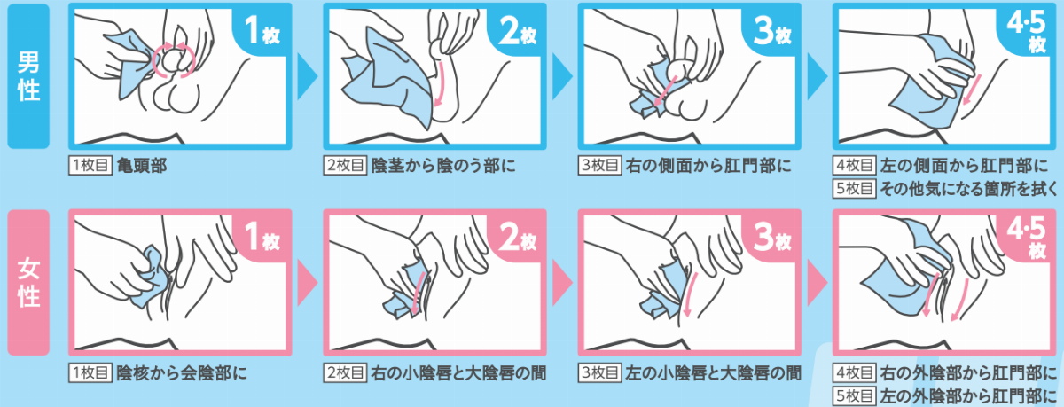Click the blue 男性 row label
click(x=28, y=76)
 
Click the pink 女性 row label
click(x=28, y=283)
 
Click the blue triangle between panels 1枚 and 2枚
click(x=307, y=76)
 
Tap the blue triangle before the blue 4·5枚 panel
click(x=817, y=76)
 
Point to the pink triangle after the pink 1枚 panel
click(x=307, y=283)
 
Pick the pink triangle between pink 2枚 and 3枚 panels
click(x=562, y=283)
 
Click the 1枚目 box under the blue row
click(x=90, y=165)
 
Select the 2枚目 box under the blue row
click(x=345, y=165)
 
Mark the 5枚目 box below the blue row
click(x=855, y=189)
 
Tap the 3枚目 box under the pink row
click(x=600, y=372)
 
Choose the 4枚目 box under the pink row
click(x=855, y=372)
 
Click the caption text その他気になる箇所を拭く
click(x=969, y=189)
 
